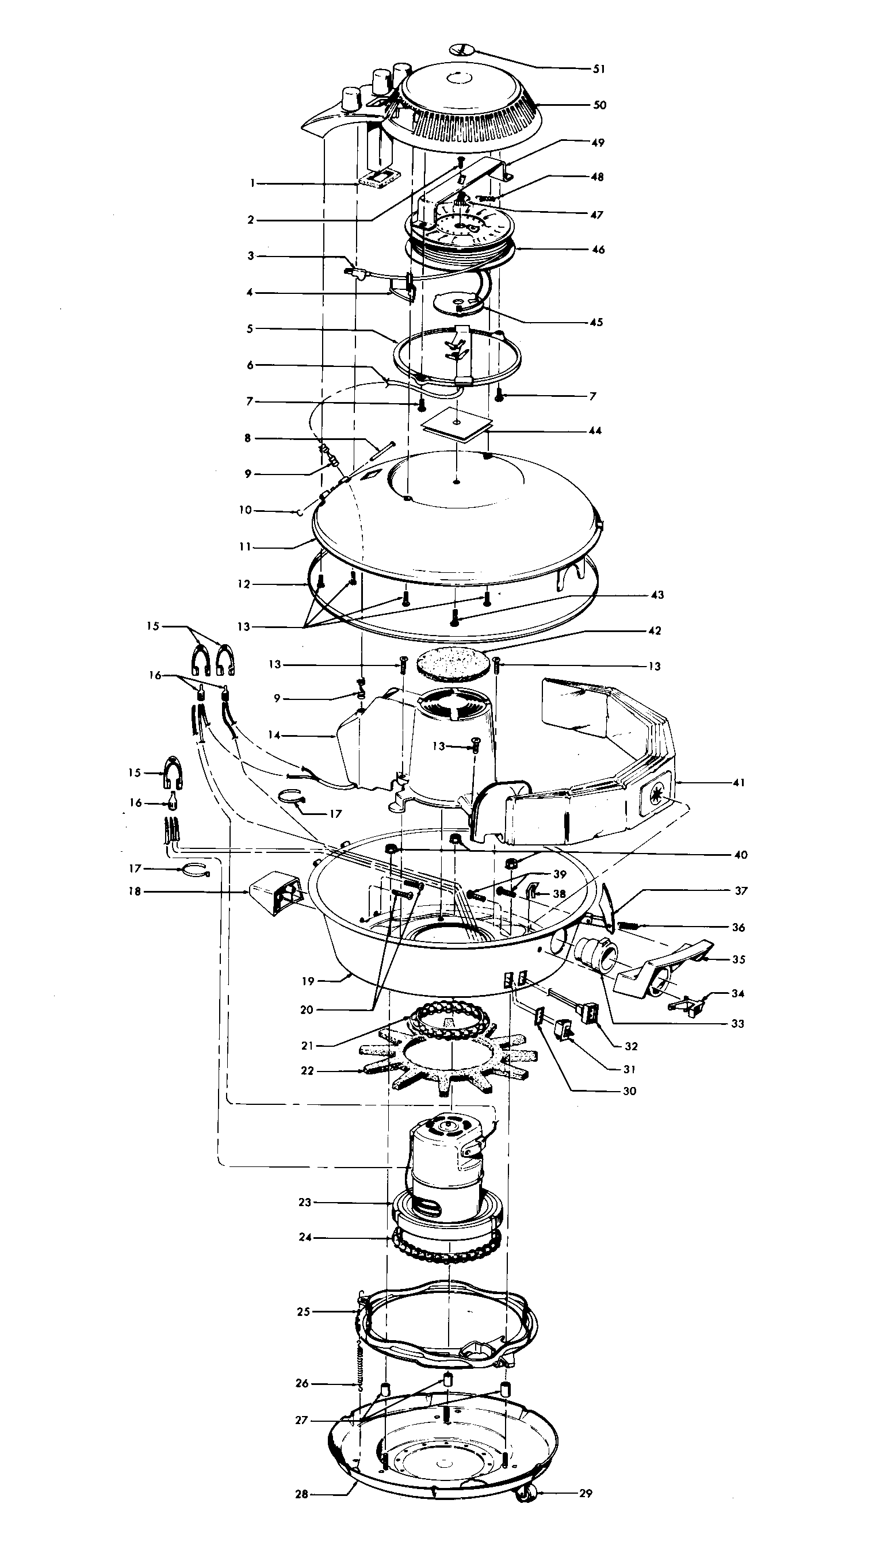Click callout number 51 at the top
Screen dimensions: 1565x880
(599, 69)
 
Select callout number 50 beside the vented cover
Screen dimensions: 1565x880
(599, 105)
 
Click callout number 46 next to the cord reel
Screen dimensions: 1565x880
(598, 250)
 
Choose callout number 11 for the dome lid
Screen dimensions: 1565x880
(245, 548)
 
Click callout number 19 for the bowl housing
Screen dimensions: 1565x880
(308, 981)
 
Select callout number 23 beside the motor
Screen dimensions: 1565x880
(304, 1202)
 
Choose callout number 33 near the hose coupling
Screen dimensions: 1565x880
(737, 1024)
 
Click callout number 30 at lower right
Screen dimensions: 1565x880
(630, 1091)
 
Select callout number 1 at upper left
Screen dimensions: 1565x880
(251, 183)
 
